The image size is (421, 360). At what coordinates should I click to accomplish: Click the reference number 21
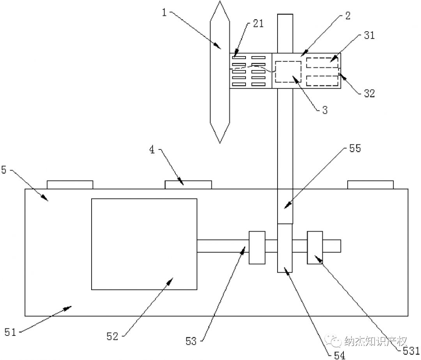pyautogui.click(x=258, y=23)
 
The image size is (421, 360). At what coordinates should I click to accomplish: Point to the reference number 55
pyautogui.click(x=355, y=149)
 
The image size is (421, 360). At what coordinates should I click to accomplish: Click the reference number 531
pyautogui.click(x=411, y=351)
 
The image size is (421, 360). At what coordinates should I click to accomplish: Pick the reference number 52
pyautogui.click(x=112, y=336)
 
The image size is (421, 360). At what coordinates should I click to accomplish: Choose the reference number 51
pyautogui.click(x=11, y=332)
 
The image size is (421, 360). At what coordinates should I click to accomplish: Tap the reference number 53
pyautogui.click(x=191, y=341)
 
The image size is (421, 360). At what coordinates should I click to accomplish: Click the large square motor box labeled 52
pyautogui.click(x=144, y=244)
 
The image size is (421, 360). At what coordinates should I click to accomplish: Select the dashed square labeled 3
pyautogui.click(x=288, y=71)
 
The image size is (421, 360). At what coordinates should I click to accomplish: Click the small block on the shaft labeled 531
pyautogui.click(x=315, y=247)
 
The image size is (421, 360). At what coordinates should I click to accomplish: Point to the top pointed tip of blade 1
pyautogui.click(x=219, y=3)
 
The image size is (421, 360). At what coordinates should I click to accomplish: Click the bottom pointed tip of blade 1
pyautogui.click(x=219, y=142)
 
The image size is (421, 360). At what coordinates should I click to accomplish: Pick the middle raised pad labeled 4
pyautogui.click(x=188, y=184)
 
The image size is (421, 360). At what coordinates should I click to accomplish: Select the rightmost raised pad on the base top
pyautogui.click(x=370, y=184)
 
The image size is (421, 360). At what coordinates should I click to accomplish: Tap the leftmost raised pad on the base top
pyautogui.click(x=70, y=184)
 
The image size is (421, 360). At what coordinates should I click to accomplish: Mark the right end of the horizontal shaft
pyautogui.click(x=340, y=246)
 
